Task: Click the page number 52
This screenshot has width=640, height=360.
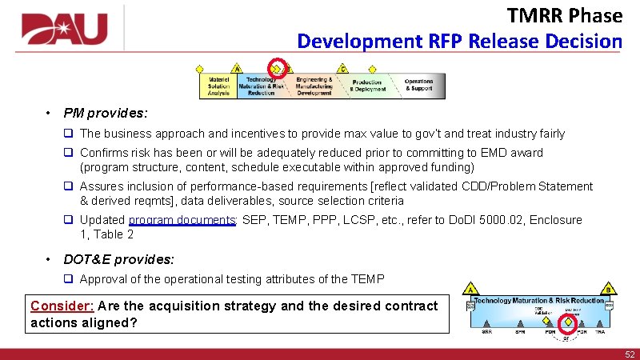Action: tap(630, 354)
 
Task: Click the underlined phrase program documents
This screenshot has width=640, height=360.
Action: tap(182, 220)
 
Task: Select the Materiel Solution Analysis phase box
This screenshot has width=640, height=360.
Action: tap(218, 86)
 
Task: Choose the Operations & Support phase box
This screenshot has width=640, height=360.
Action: tap(418, 84)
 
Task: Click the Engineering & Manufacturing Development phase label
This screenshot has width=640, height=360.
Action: tap(314, 86)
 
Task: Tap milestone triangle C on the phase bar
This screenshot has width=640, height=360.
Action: tap(343, 68)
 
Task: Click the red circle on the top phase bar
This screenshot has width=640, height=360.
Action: tap(278, 67)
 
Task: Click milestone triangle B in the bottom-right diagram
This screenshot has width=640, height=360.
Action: tap(609, 289)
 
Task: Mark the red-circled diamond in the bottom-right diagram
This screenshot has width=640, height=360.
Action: tap(567, 323)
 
